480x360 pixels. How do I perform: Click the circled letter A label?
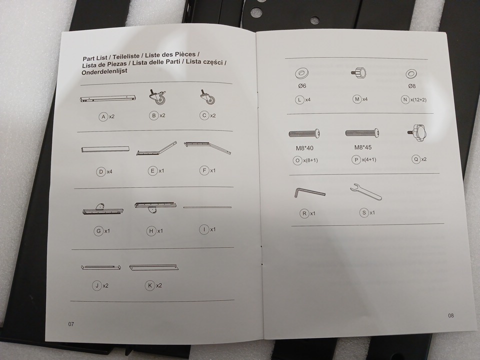point(103,116)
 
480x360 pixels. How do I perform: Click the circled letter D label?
point(101,171)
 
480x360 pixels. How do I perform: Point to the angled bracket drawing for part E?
point(156,149)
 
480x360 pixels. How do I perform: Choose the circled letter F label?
point(204,170)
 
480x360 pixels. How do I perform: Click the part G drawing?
point(103,209)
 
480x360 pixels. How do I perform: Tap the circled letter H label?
point(151,231)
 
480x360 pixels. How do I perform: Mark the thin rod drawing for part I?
point(207,207)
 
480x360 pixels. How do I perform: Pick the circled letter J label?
point(96,285)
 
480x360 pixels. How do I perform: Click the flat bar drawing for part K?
point(153,267)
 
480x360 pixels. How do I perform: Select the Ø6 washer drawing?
point(302,73)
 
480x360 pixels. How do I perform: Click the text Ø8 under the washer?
point(411,86)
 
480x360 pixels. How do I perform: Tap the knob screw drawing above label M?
point(359,73)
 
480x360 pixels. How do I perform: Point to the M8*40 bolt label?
point(304,148)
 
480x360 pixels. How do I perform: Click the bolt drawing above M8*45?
point(362,133)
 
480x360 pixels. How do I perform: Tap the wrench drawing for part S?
point(366,192)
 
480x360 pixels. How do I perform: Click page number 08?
point(451,315)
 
